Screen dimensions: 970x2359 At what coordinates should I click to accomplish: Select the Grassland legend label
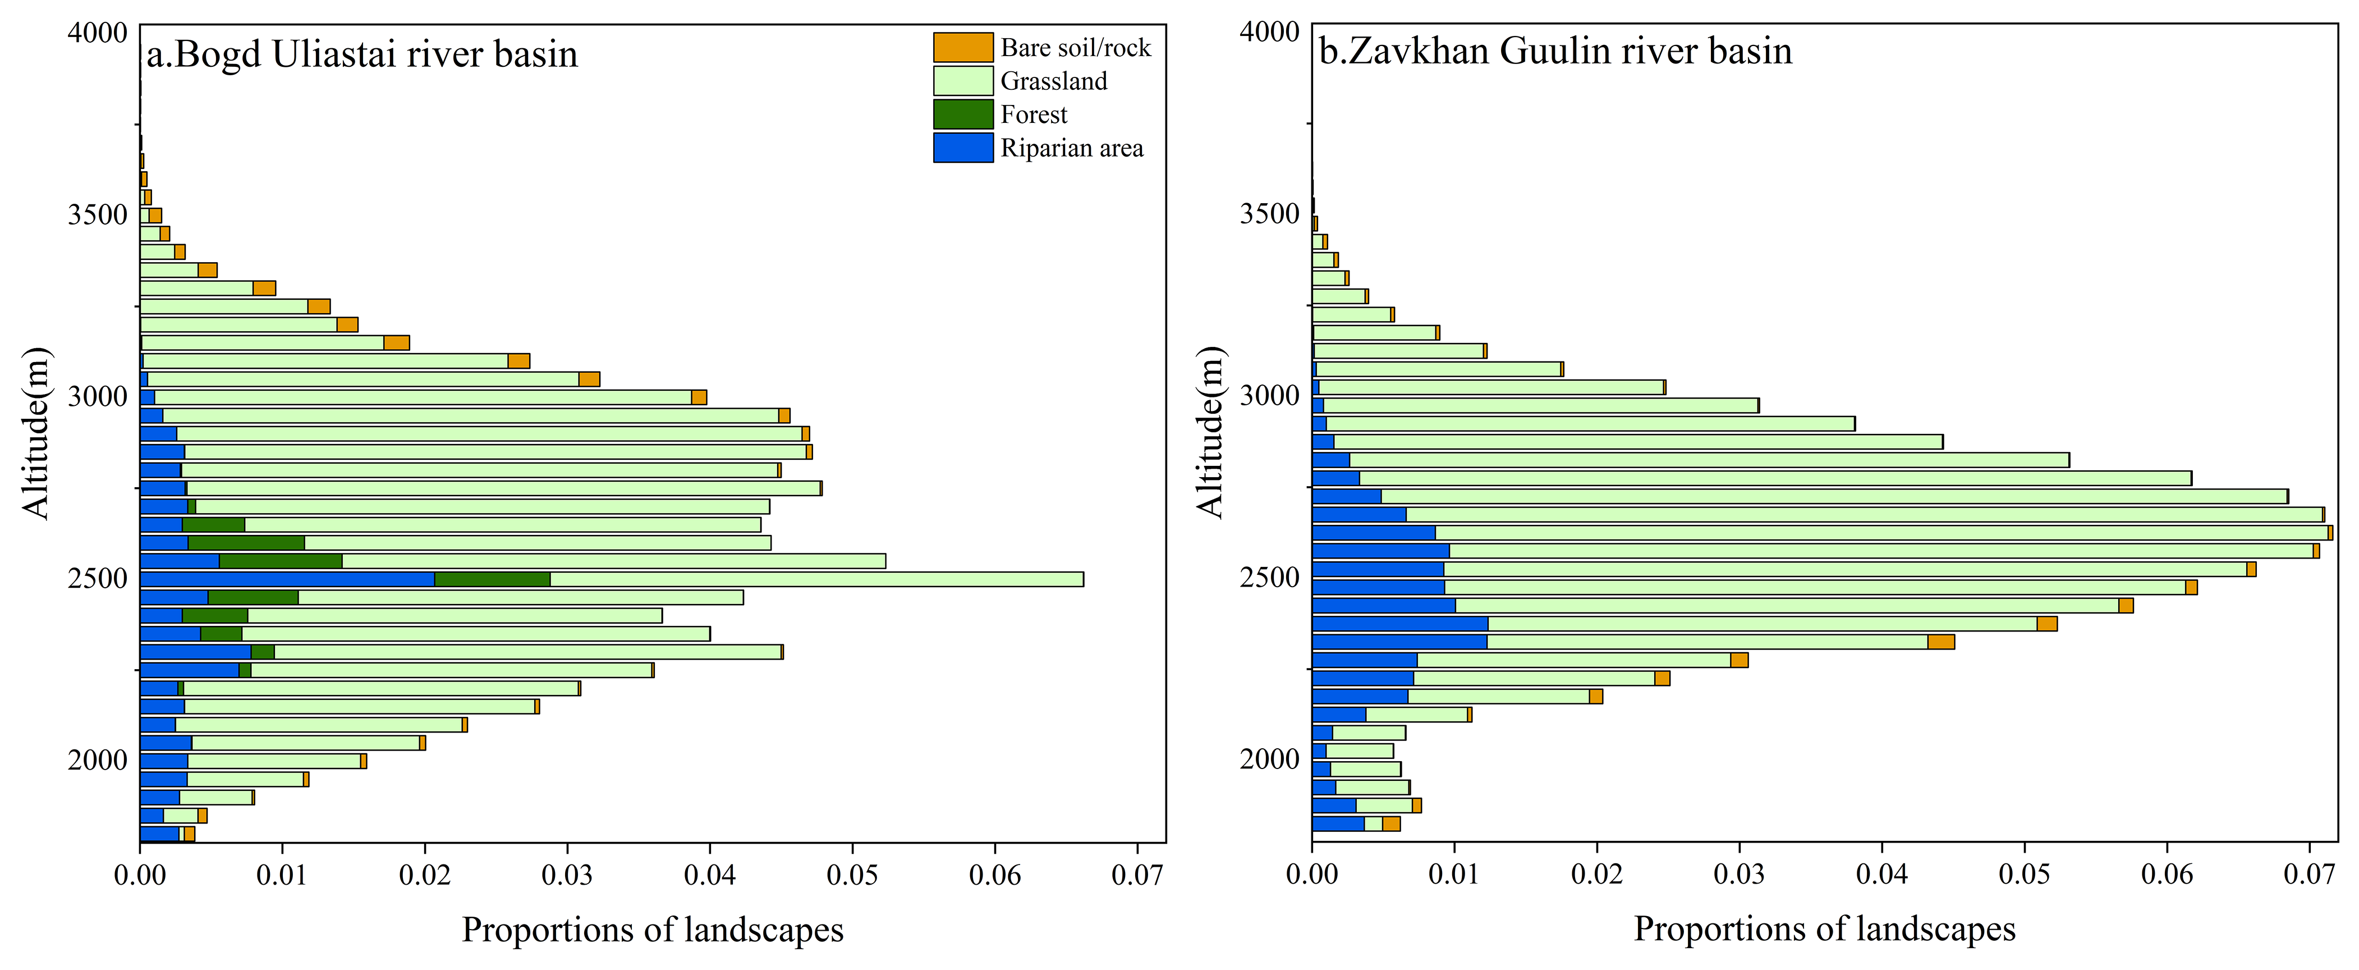coord(1053,81)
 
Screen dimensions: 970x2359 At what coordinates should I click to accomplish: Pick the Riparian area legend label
coord(1071,148)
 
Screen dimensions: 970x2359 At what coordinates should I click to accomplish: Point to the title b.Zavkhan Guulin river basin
coord(1555,51)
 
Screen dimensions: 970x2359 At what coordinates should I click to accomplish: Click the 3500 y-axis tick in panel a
coord(97,215)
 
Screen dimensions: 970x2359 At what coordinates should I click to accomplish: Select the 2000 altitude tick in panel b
coord(1269,759)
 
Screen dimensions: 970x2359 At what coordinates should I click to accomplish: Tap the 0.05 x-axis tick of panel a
coord(852,875)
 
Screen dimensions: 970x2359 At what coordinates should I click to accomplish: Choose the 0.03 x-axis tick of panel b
coord(1739,875)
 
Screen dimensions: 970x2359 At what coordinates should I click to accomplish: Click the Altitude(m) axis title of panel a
coord(36,433)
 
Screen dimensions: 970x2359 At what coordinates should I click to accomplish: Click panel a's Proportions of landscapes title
coord(652,930)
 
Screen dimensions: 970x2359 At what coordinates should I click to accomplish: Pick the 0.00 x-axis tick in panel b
coord(1311,875)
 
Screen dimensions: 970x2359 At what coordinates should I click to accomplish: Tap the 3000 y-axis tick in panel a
coord(97,397)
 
